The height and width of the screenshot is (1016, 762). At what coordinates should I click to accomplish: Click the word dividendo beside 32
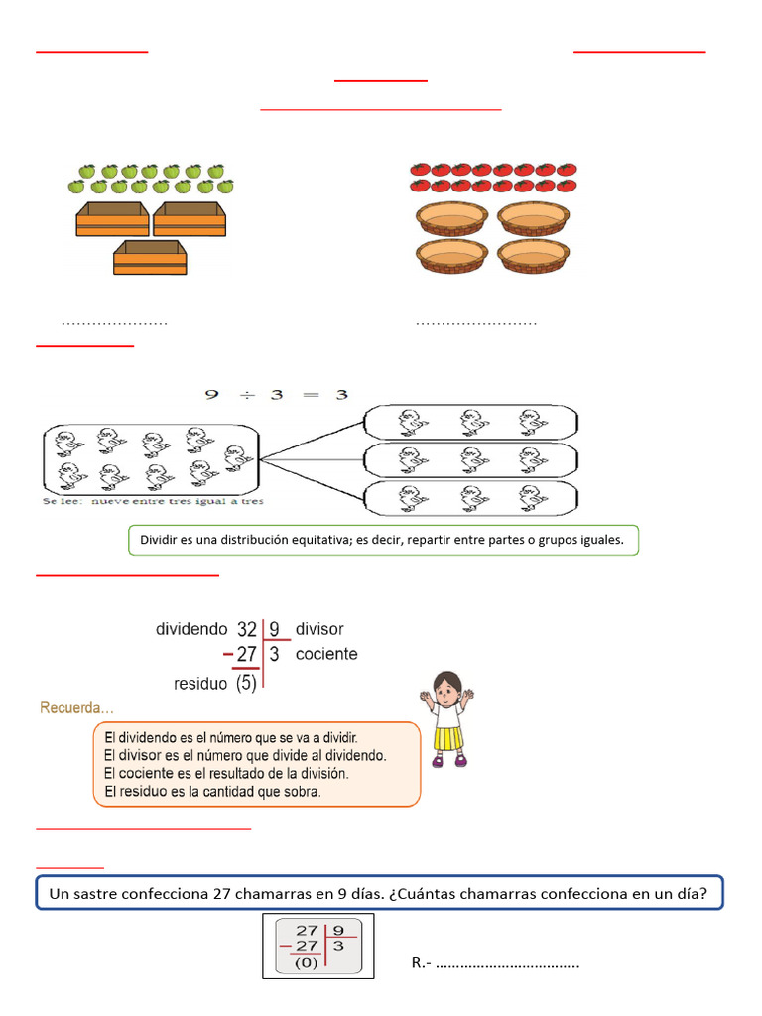[191, 629]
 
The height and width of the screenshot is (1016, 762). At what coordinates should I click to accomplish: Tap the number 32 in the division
[247, 629]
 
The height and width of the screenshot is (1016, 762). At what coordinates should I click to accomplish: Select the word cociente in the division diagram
[326, 654]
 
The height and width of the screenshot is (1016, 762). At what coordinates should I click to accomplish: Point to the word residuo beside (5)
[200, 684]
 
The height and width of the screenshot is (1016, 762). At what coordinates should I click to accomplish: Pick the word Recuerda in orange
[75, 708]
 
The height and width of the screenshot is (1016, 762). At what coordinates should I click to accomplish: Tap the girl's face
[448, 687]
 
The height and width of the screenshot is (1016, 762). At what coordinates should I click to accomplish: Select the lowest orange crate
[150, 257]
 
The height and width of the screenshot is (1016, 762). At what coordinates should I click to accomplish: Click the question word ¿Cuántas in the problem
[422, 893]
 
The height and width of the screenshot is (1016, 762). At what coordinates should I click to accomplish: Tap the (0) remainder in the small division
[308, 962]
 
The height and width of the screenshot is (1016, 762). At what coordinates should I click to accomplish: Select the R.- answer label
[421, 963]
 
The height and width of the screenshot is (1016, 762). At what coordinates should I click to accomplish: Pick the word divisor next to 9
[319, 629]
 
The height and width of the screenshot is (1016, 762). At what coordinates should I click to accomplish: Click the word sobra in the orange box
[303, 792]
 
